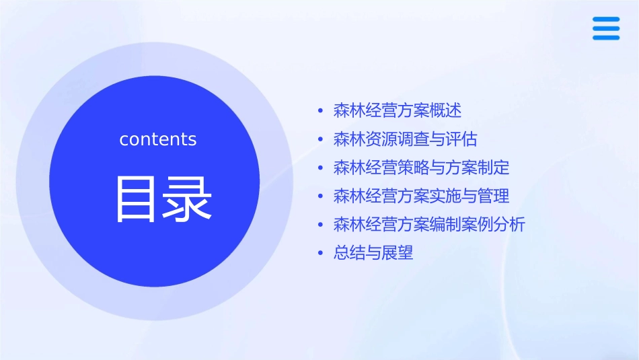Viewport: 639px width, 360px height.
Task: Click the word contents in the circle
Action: coord(158,139)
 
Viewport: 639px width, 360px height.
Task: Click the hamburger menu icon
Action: coord(606,29)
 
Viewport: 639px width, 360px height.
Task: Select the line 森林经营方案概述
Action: coord(398,110)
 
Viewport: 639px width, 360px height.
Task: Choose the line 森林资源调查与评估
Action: coord(405,139)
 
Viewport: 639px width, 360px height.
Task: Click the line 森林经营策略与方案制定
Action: coord(421,168)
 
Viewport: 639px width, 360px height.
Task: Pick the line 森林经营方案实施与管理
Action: coord(421,196)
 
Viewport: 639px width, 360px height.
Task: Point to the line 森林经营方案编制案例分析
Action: coord(429,225)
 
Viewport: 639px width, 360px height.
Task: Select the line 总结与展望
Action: coord(373,253)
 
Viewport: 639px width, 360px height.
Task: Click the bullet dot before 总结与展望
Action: coord(321,254)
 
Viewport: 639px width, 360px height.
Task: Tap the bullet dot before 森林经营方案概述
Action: coord(321,111)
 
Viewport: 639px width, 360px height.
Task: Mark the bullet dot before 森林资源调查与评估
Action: coord(321,140)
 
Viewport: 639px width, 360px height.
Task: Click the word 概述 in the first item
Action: coord(445,110)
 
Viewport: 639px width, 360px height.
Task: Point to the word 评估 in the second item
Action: coord(461,139)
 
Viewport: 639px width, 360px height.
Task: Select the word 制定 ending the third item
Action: coord(494,168)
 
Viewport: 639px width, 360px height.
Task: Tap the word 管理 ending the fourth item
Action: coord(494,196)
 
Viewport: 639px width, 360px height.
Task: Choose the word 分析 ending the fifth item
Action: coord(509,225)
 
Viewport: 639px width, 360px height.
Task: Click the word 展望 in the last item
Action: coord(397,253)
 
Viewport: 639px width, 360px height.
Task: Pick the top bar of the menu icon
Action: coord(606,20)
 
